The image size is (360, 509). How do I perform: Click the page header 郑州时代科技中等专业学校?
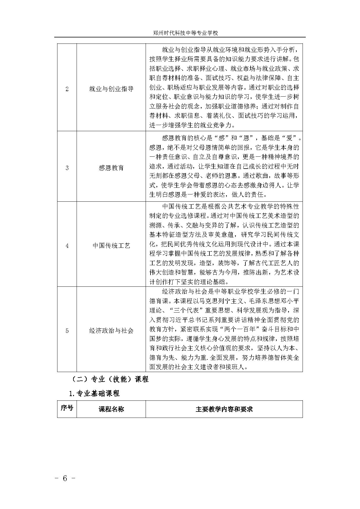click(x=185, y=33)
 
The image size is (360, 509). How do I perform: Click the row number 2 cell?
click(x=67, y=89)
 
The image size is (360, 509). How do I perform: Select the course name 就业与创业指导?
click(x=111, y=89)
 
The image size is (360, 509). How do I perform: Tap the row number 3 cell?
click(x=67, y=168)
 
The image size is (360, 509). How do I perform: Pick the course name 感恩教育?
click(x=111, y=168)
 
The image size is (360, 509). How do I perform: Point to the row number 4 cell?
click(x=67, y=246)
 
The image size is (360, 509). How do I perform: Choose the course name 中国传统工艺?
click(x=111, y=246)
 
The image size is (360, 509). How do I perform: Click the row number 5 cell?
click(x=67, y=331)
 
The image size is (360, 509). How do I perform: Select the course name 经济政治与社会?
click(x=111, y=331)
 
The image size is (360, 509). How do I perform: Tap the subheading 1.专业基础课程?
click(x=94, y=394)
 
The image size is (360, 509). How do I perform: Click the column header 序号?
click(x=67, y=408)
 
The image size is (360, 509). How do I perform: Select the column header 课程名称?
click(x=111, y=409)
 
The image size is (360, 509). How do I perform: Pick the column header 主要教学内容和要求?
click(x=224, y=409)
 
